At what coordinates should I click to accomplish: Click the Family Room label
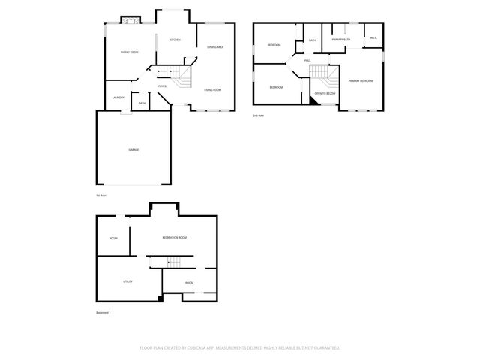click(x=130, y=52)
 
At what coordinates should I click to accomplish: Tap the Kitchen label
click(x=175, y=40)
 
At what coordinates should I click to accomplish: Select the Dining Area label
click(x=216, y=47)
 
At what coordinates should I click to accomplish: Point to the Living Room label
click(x=213, y=90)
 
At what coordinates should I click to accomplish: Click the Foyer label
click(x=162, y=86)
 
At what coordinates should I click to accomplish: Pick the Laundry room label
click(x=118, y=97)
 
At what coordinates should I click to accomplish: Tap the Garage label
click(x=133, y=150)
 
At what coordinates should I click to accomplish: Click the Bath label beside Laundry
click(x=142, y=103)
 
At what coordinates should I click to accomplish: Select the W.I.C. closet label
click(x=373, y=38)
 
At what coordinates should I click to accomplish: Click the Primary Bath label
click(x=342, y=39)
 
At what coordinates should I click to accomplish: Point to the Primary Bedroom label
click(x=361, y=80)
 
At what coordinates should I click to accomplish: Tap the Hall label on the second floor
click(x=307, y=61)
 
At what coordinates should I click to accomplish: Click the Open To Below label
click(x=324, y=94)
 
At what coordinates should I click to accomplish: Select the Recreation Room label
click(x=175, y=237)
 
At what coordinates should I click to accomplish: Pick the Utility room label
click(x=127, y=281)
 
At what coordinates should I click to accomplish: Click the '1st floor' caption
click(x=101, y=196)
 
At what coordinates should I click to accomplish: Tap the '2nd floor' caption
click(x=259, y=115)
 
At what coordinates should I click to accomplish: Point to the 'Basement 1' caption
click(x=103, y=312)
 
